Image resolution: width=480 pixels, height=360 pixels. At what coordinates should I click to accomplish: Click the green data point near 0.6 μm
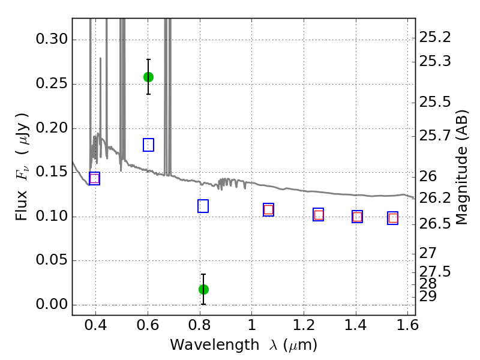point(148,77)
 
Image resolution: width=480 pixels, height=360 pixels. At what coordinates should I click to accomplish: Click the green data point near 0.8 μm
point(203,289)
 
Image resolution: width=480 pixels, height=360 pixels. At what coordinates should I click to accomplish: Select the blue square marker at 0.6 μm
point(148,145)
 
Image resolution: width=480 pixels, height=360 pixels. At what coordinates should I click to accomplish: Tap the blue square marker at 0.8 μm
point(203,206)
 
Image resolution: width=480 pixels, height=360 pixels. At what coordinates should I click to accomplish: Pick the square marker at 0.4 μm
point(94,178)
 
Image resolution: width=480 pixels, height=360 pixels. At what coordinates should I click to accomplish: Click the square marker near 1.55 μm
point(393,218)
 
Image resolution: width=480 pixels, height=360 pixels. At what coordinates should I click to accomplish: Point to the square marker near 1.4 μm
point(357,217)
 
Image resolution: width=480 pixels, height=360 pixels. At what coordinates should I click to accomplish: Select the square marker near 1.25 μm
point(319,215)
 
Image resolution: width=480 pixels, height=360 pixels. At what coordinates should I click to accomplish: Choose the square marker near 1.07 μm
point(268,209)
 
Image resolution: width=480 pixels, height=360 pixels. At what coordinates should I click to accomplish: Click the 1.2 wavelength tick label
point(304,326)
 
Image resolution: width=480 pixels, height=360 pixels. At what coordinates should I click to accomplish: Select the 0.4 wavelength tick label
point(96,326)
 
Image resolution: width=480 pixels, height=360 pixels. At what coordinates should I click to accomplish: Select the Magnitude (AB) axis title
point(461,167)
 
